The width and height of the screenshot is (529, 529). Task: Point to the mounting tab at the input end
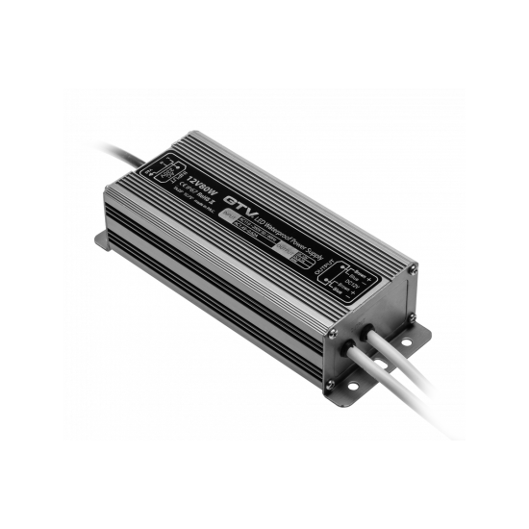click(102, 237)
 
